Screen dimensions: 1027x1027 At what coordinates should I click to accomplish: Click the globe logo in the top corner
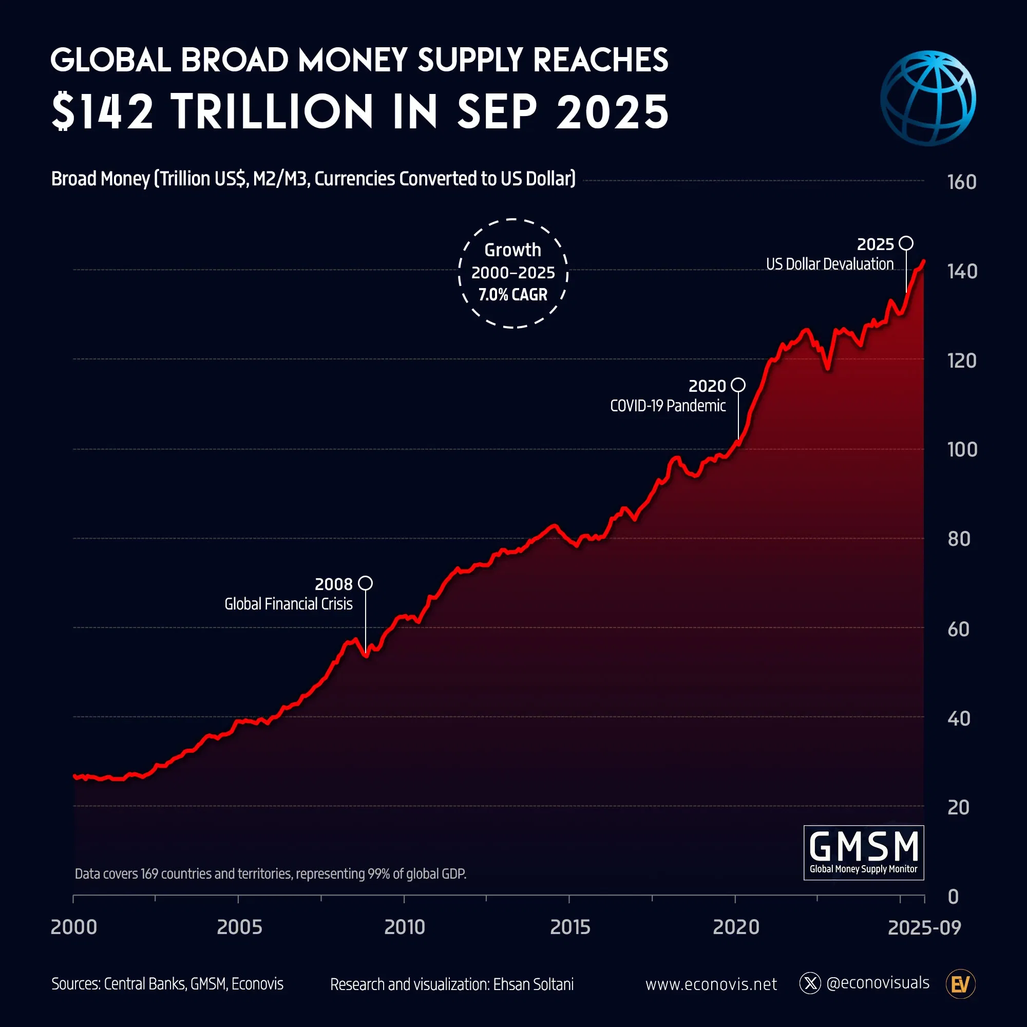tap(927, 99)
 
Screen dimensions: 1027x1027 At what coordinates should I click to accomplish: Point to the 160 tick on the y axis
tap(961, 182)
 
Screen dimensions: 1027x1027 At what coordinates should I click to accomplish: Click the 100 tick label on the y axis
tap(962, 450)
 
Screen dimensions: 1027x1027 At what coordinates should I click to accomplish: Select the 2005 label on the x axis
tap(239, 927)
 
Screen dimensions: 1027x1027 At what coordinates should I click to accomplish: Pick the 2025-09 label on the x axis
tap(924, 927)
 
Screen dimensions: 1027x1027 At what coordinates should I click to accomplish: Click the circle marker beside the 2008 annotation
tap(365, 583)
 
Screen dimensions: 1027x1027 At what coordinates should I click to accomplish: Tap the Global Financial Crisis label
tap(288, 604)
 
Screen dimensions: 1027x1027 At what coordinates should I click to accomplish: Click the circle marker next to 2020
tap(738, 385)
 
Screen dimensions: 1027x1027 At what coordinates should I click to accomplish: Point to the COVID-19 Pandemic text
tap(668, 406)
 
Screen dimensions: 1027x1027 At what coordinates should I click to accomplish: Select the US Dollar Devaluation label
tap(829, 264)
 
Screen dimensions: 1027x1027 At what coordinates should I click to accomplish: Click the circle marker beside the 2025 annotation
tap(906, 243)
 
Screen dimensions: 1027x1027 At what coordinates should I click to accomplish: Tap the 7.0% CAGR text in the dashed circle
tap(512, 294)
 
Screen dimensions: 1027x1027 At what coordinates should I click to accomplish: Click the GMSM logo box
tap(863, 852)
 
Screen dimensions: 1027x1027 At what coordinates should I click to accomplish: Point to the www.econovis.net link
tap(711, 984)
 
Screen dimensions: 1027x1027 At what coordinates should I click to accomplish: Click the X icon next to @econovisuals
tap(810, 983)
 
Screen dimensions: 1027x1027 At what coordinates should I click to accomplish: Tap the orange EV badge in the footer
tap(960, 984)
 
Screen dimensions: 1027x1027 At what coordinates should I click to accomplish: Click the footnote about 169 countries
tap(270, 874)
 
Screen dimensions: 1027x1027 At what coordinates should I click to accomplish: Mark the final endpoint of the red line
tap(924, 261)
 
